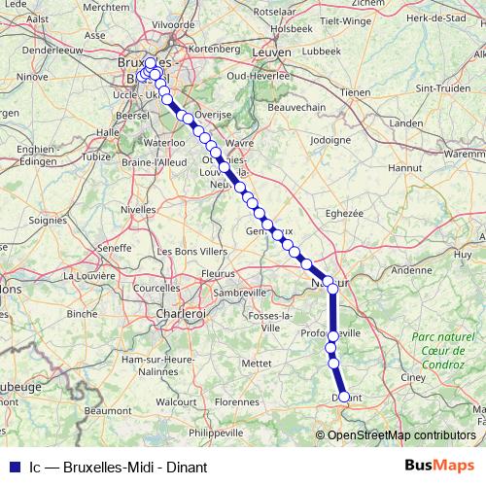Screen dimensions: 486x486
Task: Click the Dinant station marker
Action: click(x=343, y=397)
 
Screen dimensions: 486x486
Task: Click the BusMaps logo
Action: click(x=439, y=466)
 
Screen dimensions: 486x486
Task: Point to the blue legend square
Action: click(x=12, y=467)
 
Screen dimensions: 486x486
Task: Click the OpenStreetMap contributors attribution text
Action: click(x=399, y=434)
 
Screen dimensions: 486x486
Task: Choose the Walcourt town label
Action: click(x=177, y=399)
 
